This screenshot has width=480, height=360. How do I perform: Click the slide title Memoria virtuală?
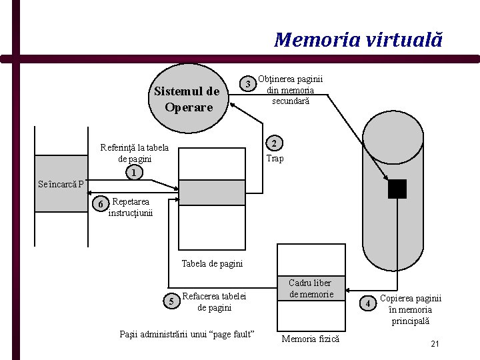tap(358, 40)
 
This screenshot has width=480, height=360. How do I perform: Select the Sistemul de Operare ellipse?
tap(187, 99)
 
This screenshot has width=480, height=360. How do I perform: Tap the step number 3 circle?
tap(248, 84)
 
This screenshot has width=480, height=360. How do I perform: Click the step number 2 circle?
tap(274, 144)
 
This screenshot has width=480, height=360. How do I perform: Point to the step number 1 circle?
tap(134, 173)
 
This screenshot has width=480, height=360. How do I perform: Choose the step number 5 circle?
tap(171, 301)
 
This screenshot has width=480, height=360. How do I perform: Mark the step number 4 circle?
tap(369, 304)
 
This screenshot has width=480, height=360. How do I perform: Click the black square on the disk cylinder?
tap(397, 189)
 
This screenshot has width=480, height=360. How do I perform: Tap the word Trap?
tap(275, 159)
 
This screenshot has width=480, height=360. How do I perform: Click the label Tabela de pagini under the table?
tap(212, 263)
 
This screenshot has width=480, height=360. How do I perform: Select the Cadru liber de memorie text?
tap(310, 289)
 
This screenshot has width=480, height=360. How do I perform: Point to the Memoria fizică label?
tap(310, 339)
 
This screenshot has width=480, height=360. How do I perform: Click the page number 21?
tap(435, 344)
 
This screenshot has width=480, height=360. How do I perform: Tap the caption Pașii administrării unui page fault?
tap(186, 333)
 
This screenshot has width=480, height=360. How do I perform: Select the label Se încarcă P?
tap(61, 185)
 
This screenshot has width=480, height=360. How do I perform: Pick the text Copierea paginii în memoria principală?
tap(410, 309)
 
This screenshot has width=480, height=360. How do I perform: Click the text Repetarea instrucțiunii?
tap(131, 207)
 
